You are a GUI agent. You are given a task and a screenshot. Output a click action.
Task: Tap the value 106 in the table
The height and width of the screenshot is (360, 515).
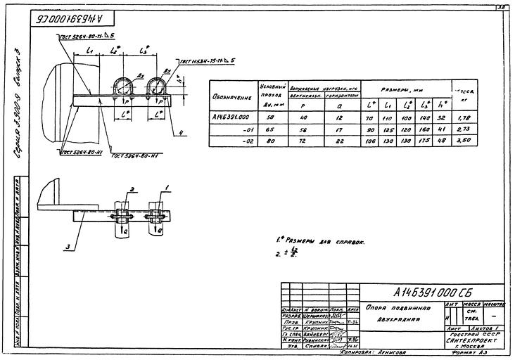(x=371, y=141)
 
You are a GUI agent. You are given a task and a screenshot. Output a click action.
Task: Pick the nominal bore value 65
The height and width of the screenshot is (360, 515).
(x=272, y=129)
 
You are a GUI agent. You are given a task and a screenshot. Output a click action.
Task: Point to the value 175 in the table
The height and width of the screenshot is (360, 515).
(x=424, y=141)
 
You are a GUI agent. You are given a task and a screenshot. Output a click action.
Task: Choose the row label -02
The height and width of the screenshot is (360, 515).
(x=247, y=141)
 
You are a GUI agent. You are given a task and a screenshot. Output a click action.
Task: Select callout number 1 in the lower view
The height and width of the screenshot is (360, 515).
(x=167, y=186)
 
